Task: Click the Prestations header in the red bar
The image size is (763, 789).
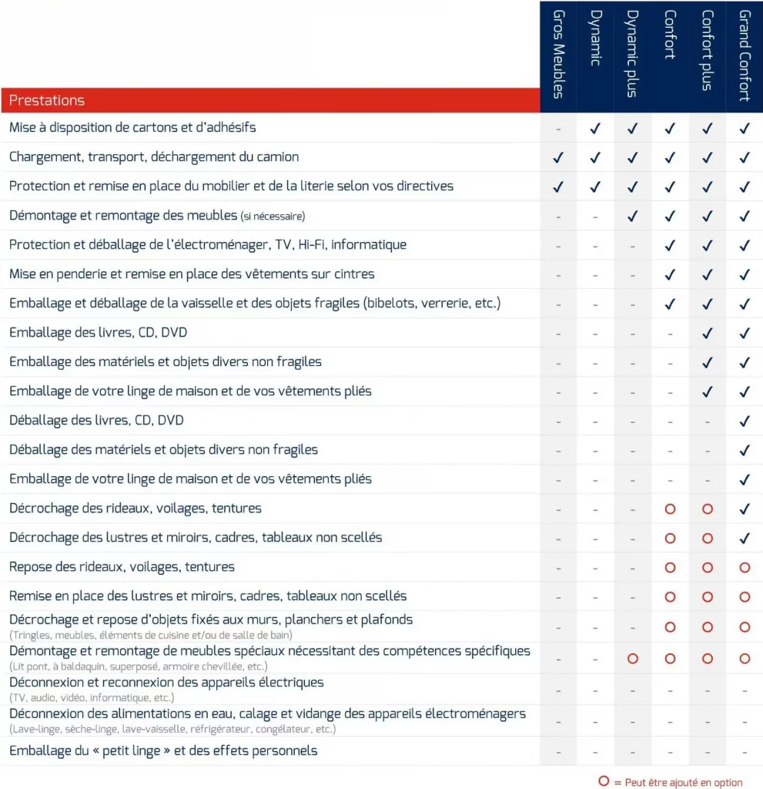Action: pos(47,100)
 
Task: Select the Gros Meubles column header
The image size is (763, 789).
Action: pos(558,55)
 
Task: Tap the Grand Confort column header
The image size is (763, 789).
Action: pos(745,55)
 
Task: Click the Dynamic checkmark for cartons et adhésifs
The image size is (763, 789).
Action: pos(595,128)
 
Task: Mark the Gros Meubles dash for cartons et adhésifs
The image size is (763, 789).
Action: pos(558,129)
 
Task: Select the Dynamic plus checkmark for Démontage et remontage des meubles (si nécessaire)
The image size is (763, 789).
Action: pos(633,216)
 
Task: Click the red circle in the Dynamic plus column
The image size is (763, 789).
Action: pos(633,659)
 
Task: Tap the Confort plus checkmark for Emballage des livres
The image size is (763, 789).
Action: pos(708,333)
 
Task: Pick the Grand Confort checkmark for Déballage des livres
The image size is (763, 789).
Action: pos(745,421)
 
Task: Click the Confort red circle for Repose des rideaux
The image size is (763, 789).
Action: pos(670,567)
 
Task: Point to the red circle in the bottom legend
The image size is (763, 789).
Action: pos(604,781)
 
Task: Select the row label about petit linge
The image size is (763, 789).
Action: pos(163,750)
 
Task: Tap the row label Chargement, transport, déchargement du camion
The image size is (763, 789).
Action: pos(154,157)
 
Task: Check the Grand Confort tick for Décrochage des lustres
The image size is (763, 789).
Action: pos(745,538)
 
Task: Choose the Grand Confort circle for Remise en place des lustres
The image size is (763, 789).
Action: pos(745,596)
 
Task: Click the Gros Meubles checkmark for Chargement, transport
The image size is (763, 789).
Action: pos(558,157)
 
